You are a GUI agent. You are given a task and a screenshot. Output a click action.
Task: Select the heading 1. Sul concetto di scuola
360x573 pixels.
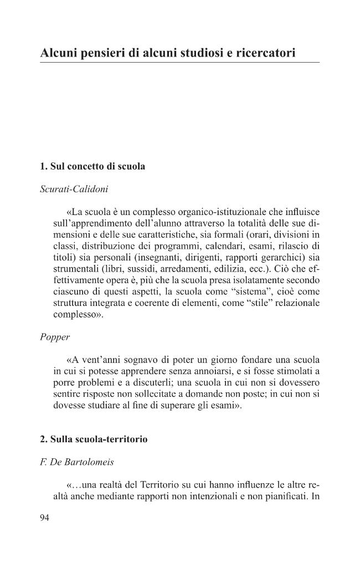(x=92, y=167)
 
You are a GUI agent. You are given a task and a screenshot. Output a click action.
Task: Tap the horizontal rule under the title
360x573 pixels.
(x=179, y=63)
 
